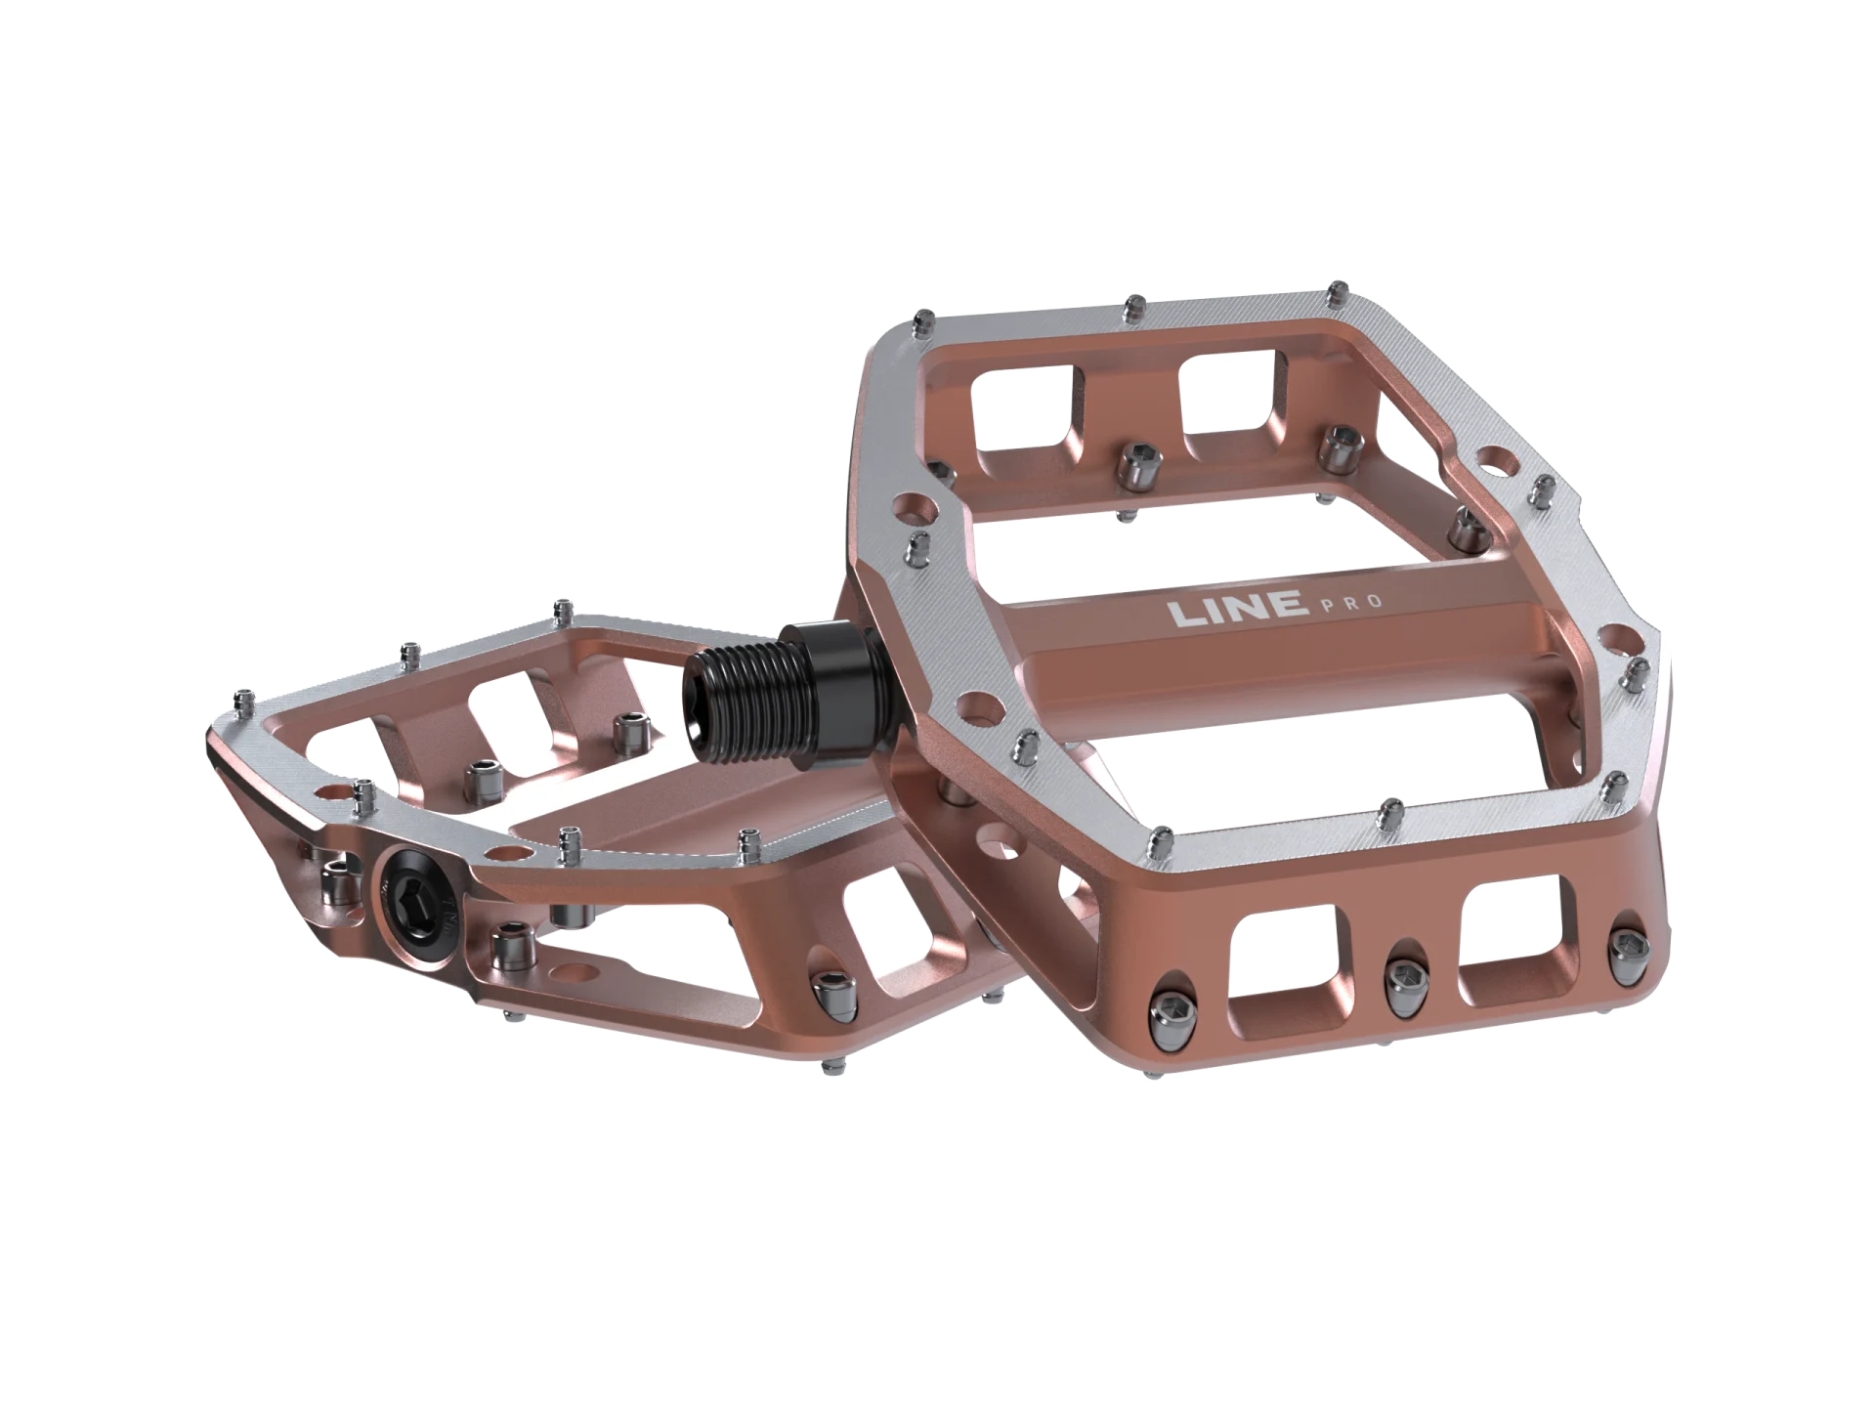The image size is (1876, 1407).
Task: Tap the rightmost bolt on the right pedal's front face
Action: pyautogui.click(x=1630, y=943)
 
